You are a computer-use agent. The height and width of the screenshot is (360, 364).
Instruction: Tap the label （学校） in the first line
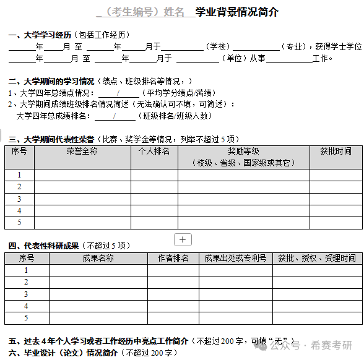tap(217, 46)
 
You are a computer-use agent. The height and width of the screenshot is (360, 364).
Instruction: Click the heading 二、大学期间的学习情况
tap(51, 81)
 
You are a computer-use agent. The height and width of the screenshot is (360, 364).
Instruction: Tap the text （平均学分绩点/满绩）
tap(176, 93)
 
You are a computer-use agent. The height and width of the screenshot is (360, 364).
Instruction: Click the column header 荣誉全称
tap(82, 151)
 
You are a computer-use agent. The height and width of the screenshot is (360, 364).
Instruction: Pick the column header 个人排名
tap(154, 151)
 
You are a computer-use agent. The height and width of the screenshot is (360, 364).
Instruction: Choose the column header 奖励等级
tap(243, 151)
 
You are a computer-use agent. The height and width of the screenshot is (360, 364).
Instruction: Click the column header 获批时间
tap(336, 151)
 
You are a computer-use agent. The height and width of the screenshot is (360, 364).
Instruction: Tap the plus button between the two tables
tap(183, 239)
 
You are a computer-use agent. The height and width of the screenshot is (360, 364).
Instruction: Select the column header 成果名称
tap(98, 258)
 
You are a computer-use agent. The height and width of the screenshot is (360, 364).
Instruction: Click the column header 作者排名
tap(173, 258)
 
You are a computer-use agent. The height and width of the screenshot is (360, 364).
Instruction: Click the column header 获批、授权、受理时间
tap(317, 258)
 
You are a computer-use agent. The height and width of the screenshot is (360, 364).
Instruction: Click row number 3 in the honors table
tap(19, 199)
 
